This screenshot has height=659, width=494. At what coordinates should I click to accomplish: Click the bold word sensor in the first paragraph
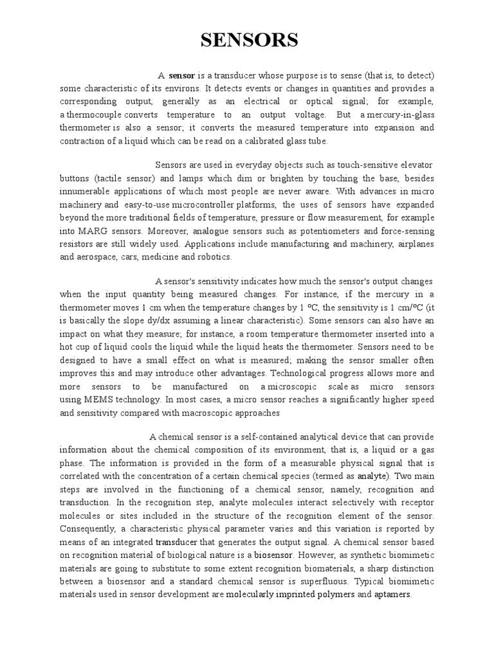pos(182,76)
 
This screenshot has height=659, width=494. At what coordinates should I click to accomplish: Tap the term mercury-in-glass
pos(398,115)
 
